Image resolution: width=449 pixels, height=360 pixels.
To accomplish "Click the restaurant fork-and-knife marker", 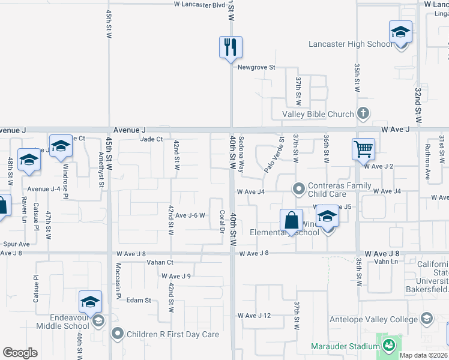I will point(231,47).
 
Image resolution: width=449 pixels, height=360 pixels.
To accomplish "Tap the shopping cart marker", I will point(363,149).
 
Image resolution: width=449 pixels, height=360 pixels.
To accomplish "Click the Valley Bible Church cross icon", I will point(363,113).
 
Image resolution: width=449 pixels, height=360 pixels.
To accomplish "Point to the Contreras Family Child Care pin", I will point(298,189).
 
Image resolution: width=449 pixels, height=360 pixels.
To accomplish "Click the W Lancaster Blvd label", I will point(199,4).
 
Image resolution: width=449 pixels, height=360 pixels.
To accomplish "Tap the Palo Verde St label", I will point(274,155).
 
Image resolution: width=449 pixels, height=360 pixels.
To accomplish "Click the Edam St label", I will point(138,300).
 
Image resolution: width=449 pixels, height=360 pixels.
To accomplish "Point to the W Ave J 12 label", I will point(255,316).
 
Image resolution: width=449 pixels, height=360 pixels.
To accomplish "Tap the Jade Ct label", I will point(151,139).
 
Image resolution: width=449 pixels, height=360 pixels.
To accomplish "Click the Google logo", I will point(20,353).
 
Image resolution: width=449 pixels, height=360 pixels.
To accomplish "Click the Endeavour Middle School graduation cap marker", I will point(89,302).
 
